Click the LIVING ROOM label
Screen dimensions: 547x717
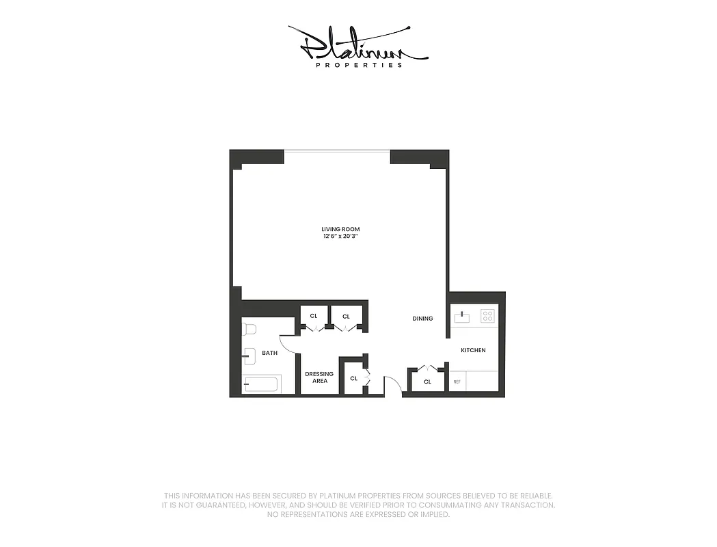tap(340, 229)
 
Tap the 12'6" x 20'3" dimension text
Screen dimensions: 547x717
tap(340, 237)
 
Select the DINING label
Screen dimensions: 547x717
tap(422, 319)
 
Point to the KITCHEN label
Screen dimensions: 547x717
tap(473, 350)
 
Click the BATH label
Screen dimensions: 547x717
tap(269, 353)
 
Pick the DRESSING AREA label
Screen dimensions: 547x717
tap(319, 377)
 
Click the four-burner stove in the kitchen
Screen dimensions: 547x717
tap(487, 316)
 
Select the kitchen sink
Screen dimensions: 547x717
tap(462, 317)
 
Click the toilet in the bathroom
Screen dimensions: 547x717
tap(248, 329)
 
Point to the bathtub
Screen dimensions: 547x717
tap(262, 384)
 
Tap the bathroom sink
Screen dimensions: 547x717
tap(249, 355)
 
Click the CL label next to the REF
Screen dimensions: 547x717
tap(427, 382)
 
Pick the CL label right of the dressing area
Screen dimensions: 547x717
tap(353, 378)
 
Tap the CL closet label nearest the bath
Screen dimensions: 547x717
tap(314, 316)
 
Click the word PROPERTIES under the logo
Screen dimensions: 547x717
tap(359, 66)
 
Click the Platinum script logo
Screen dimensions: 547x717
tap(357, 44)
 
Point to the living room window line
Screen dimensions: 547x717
tap(337, 151)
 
